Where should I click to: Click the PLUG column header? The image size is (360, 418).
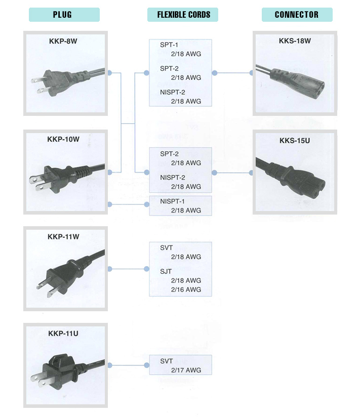pyautogui.click(x=64, y=15)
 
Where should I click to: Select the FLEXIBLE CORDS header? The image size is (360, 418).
pyautogui.click(x=183, y=15)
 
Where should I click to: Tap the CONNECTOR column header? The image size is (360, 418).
pyautogui.click(x=297, y=15)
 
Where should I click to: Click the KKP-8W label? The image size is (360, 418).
pyautogui.click(x=63, y=40)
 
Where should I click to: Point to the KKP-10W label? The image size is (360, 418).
pyautogui.click(x=63, y=139)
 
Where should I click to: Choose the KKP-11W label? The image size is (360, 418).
pyautogui.click(x=63, y=236)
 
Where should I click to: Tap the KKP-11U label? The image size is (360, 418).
pyautogui.click(x=63, y=333)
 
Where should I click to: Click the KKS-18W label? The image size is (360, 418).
pyautogui.click(x=294, y=40)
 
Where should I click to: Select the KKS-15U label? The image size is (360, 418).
pyautogui.click(x=294, y=140)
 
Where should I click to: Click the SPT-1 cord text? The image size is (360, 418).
pyautogui.click(x=169, y=45)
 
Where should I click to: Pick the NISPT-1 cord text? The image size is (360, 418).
pyautogui.click(x=173, y=201)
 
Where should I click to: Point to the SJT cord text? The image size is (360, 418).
pyautogui.click(x=166, y=271)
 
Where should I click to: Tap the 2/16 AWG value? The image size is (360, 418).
pyautogui.click(x=186, y=289)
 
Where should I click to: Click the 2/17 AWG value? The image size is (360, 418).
pyautogui.click(x=186, y=370)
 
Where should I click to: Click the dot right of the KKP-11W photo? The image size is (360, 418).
pyautogui.click(x=110, y=269)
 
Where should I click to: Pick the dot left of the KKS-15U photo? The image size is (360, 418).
pyautogui.click(x=252, y=173)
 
